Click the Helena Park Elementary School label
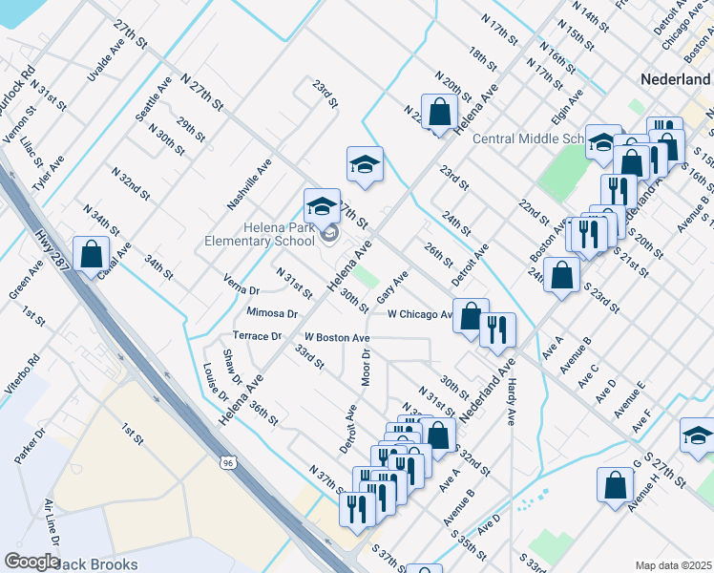click(x=259, y=235)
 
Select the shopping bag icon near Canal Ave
click(x=91, y=255)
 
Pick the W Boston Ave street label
click(x=337, y=338)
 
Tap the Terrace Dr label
click(x=257, y=336)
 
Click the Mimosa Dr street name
click(x=272, y=313)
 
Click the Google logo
click(x=31, y=562)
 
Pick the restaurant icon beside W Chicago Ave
click(x=497, y=329)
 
